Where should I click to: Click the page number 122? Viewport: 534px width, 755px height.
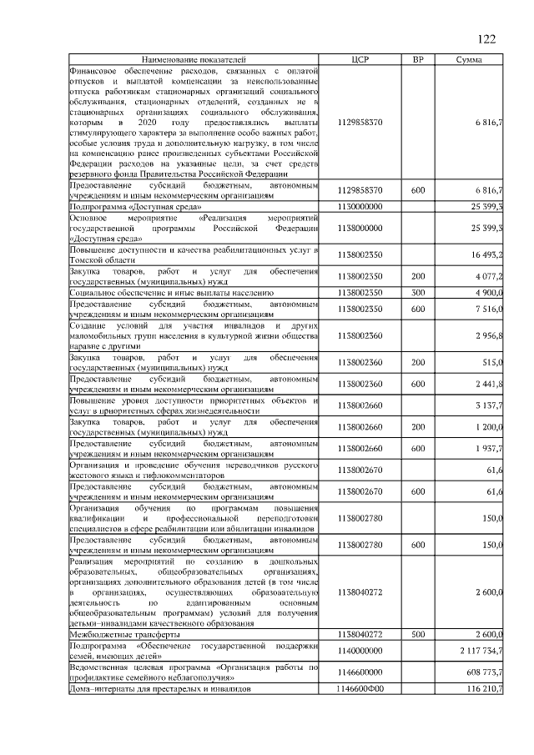point(486,40)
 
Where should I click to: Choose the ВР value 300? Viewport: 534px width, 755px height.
point(419,293)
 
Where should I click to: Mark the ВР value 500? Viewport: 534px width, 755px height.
point(419,635)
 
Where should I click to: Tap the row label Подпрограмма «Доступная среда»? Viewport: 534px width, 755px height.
point(136,206)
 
